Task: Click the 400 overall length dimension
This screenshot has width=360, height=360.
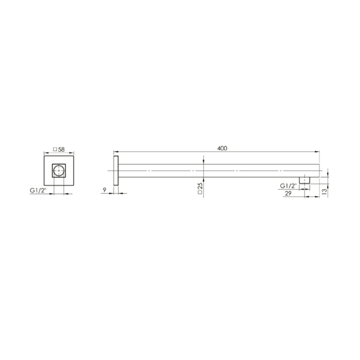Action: pyautogui.click(x=222, y=148)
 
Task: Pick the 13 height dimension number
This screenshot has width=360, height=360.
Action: pyautogui.click(x=324, y=192)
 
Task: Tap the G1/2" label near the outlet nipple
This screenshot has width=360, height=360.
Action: pyautogui.click(x=288, y=185)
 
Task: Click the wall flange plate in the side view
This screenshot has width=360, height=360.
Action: pyautogui.click(x=116, y=171)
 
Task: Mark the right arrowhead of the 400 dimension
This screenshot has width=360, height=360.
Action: pyautogui.click(x=318, y=151)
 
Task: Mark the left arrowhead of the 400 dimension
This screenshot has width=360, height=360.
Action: pyautogui.click(x=115, y=151)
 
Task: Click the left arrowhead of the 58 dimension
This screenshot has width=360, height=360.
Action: pyautogui.click(x=45, y=152)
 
